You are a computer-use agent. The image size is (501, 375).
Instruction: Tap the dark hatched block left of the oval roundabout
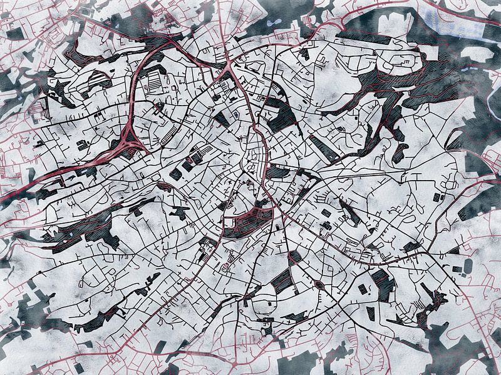[x=282, y=281]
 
